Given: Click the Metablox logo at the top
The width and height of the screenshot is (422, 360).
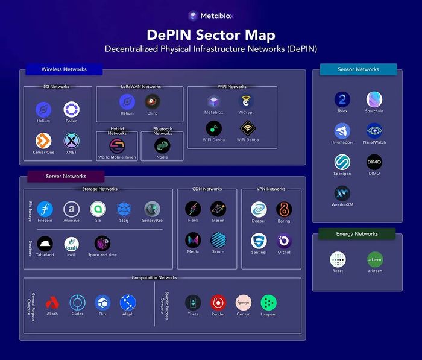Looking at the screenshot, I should click(194, 16).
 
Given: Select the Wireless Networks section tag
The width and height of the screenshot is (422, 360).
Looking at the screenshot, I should click(64, 69).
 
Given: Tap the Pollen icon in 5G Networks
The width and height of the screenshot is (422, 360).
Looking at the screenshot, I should click(71, 110).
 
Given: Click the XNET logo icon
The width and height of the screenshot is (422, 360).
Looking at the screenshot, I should click(71, 141).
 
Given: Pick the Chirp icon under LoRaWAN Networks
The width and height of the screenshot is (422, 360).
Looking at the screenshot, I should click(153, 101).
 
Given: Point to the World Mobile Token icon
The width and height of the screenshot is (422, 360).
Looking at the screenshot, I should click(117, 145).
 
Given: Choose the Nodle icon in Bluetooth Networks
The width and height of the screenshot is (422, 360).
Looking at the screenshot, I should click(162, 145).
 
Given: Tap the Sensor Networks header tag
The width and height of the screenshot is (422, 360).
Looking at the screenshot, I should click(358, 69).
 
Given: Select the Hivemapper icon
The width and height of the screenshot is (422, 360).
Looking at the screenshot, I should click(342, 130).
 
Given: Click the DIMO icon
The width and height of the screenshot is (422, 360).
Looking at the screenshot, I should click(374, 162).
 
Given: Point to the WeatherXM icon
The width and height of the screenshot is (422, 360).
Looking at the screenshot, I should click(342, 193).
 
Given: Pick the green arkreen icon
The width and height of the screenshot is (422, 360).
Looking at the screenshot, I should click(374, 259).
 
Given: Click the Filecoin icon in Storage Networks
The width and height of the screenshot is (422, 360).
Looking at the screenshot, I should click(45, 209).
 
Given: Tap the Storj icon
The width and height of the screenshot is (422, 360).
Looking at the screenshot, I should click(124, 209).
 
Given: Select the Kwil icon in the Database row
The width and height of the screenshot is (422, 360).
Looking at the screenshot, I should click(71, 244).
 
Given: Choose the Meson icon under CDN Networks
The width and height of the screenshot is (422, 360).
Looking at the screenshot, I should click(218, 209).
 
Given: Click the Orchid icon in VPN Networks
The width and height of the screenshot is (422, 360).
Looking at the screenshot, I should click(284, 241).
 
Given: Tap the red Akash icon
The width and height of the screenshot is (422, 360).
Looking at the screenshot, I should click(52, 303).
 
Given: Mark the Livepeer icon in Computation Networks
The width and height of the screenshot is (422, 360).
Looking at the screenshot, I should click(269, 303).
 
